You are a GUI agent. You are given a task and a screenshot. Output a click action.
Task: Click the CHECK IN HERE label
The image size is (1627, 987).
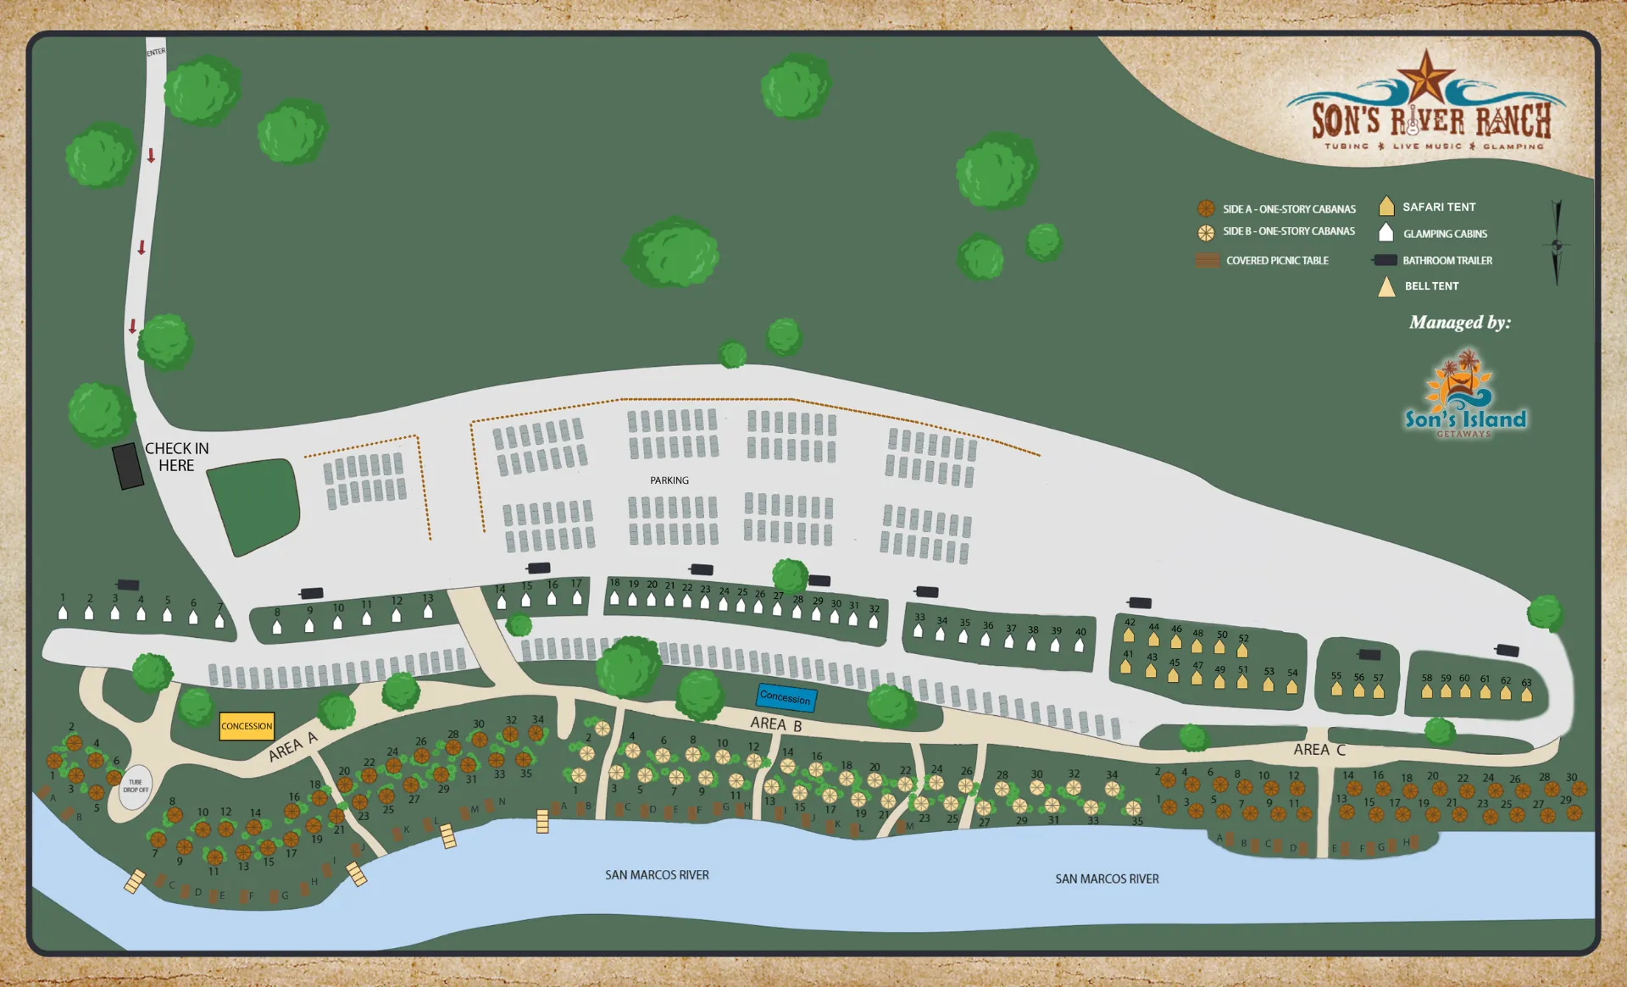click(176, 457)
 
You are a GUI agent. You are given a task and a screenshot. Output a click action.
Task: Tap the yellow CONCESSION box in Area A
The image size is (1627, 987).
click(247, 726)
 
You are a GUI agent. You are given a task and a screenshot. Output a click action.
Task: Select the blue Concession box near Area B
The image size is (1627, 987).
click(786, 697)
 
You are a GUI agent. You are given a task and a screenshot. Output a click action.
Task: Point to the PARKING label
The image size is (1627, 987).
click(669, 480)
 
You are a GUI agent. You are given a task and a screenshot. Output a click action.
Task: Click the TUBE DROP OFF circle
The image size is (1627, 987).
click(136, 787)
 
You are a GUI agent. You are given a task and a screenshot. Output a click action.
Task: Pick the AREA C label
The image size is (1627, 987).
click(1319, 750)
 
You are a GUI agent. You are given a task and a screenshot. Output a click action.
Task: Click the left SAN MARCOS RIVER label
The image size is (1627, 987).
click(657, 875)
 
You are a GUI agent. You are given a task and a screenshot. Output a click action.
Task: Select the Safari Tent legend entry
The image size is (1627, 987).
click(1438, 207)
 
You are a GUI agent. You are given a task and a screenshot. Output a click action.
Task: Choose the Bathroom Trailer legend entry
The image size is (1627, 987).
click(1447, 261)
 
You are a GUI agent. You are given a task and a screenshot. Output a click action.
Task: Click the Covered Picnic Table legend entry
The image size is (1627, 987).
click(1276, 261)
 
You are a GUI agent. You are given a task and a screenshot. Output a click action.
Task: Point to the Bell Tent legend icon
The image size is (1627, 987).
click(1386, 287)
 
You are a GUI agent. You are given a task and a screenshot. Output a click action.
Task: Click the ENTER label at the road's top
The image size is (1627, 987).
click(156, 53)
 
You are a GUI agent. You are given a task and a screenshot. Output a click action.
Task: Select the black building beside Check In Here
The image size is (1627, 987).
click(128, 466)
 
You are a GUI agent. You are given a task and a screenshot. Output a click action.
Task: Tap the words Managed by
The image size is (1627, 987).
click(1459, 323)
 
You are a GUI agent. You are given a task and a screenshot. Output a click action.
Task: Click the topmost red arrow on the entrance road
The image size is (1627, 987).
click(151, 156)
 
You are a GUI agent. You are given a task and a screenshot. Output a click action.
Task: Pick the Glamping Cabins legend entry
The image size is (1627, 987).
click(1444, 234)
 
